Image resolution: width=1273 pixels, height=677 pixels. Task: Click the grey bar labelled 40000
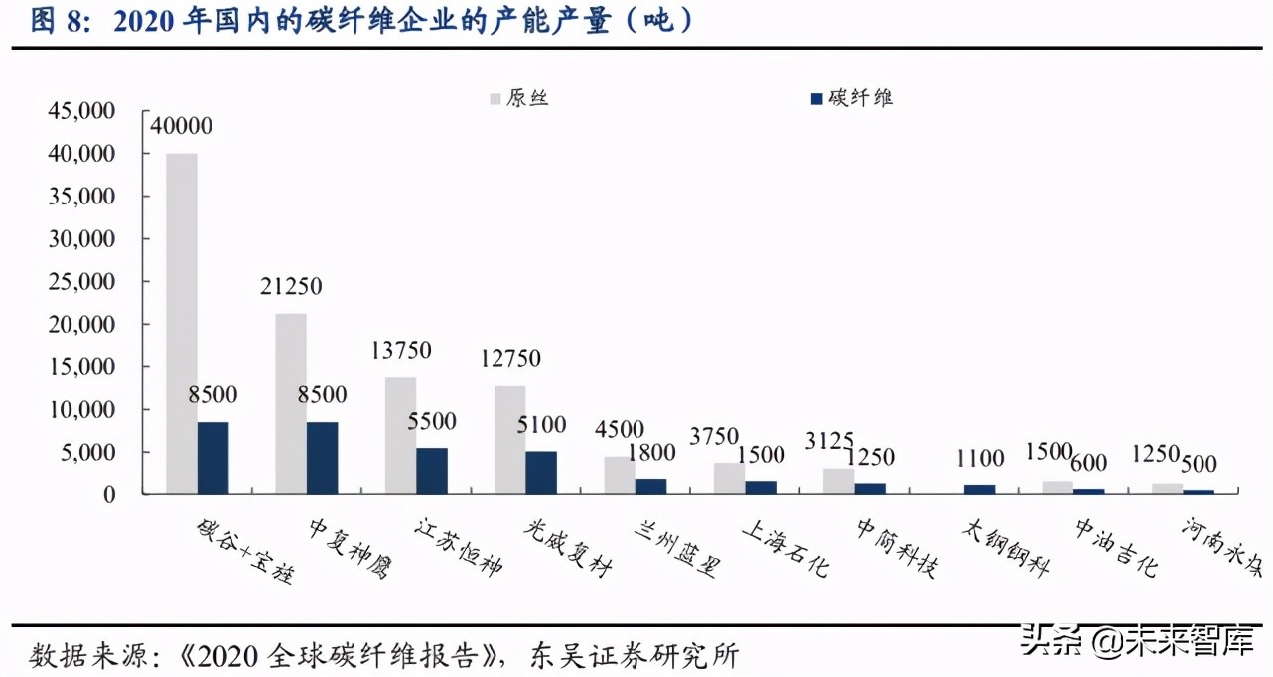tap(181, 324)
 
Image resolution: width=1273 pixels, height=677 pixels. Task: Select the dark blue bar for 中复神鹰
tap(322, 458)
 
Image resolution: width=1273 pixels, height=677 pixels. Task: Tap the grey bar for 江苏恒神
tap(400, 436)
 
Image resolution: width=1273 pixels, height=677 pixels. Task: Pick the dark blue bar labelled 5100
tap(540, 473)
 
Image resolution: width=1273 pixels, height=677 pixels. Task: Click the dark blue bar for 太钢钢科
tap(978, 489)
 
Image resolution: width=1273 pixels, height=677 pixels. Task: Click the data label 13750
tap(402, 350)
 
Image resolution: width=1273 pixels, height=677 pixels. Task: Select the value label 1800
tap(650, 453)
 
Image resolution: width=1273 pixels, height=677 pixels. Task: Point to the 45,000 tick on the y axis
tap(81, 111)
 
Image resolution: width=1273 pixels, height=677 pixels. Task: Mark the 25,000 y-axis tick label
tap(81, 282)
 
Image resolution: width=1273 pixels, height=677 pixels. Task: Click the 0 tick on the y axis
tap(109, 494)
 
